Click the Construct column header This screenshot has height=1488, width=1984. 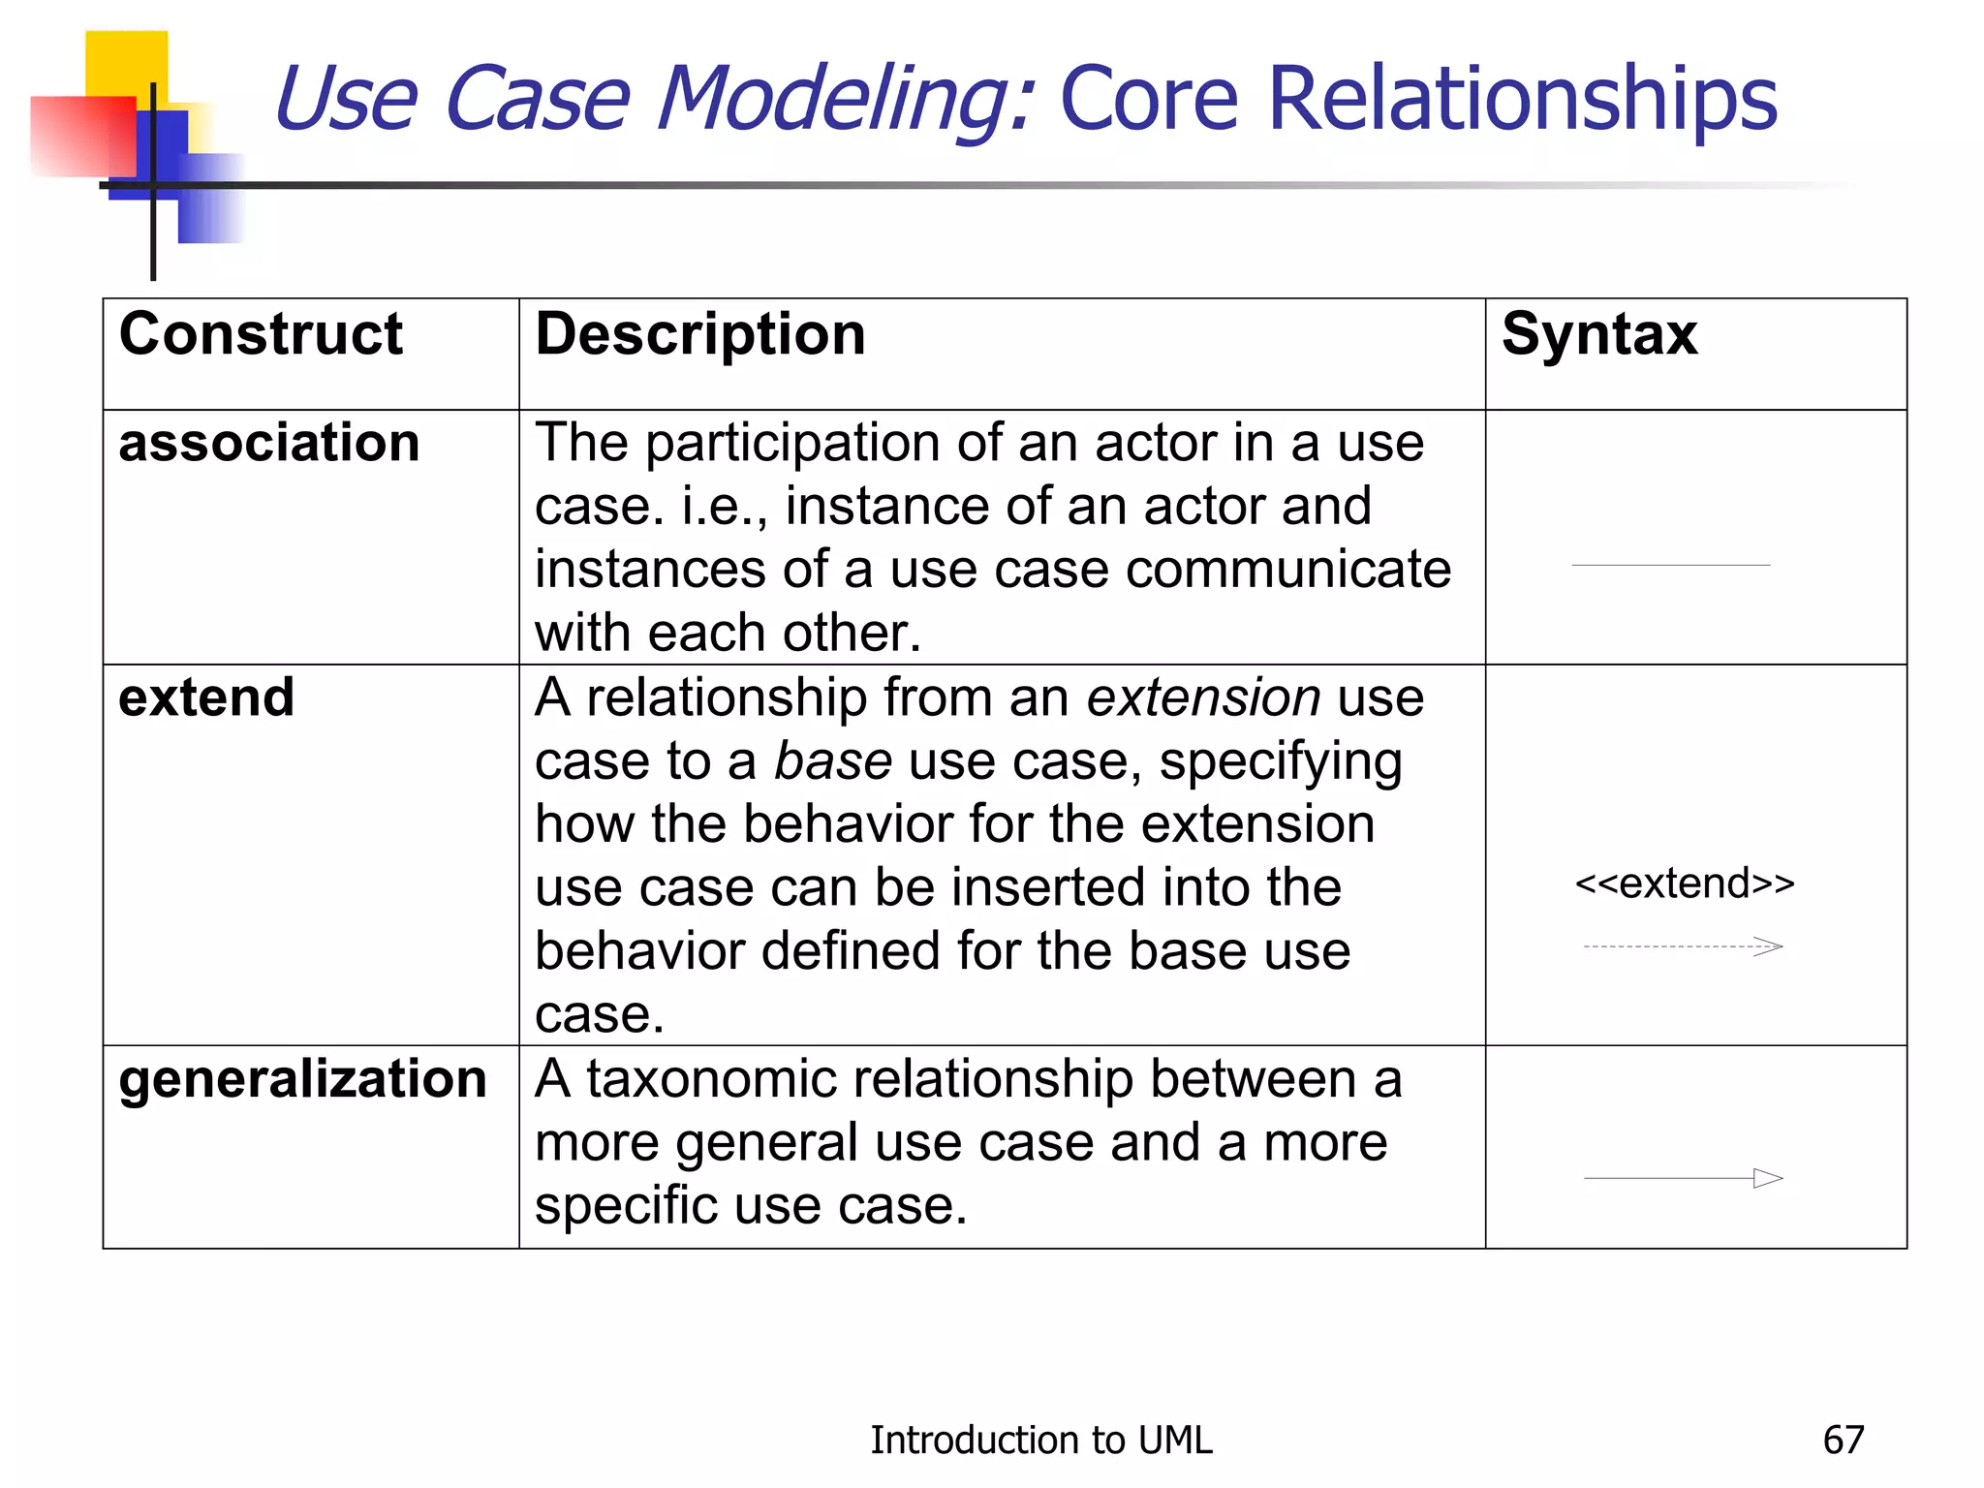260,335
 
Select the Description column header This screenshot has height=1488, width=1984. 699,335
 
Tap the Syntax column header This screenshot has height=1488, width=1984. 1599,335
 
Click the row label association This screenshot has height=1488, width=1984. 268,444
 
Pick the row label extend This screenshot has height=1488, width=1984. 206,697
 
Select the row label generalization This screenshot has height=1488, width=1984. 302,1079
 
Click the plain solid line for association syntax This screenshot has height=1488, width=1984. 1670,565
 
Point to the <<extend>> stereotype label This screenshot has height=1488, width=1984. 1685,883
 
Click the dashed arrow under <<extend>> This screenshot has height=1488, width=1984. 1683,946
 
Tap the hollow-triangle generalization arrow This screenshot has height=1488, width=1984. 1683,1178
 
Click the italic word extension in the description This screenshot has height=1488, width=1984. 1203,697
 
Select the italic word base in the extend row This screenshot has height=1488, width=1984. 833,761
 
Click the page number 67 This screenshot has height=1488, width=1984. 1843,1441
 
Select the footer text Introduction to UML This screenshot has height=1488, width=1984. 1040,1441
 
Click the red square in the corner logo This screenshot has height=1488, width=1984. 81,136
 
